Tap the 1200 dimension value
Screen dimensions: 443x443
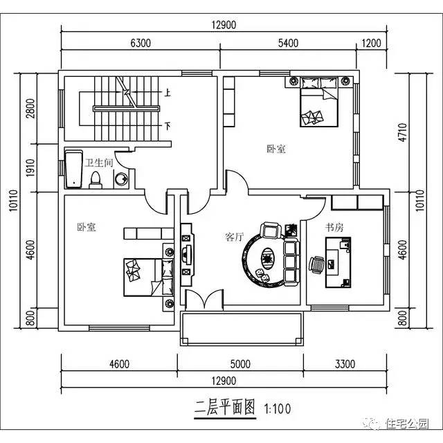(372, 43)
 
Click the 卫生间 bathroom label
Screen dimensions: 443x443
(98, 163)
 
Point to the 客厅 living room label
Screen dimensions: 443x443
(234, 237)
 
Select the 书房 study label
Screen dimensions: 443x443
(335, 226)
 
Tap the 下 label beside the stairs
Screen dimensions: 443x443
(167, 126)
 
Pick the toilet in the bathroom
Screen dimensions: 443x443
(96, 179)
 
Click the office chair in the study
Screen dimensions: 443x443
(316, 264)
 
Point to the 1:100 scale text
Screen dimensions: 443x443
(277, 409)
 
